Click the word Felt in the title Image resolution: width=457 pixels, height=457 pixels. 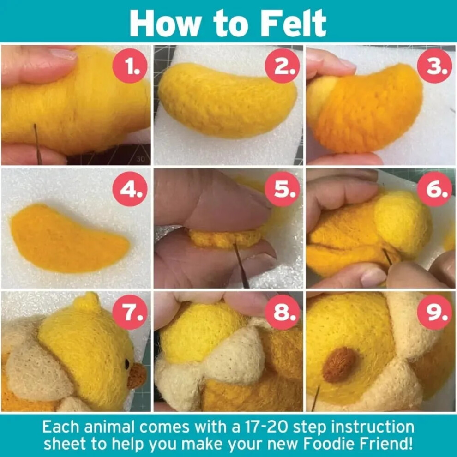(x=293, y=23)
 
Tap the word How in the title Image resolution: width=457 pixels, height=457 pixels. (x=165, y=23)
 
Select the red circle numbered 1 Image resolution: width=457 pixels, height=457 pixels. (x=130, y=66)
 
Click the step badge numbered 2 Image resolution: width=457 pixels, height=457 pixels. (x=282, y=66)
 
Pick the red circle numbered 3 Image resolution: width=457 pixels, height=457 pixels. (x=434, y=66)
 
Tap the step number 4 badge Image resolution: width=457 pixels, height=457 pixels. (x=130, y=189)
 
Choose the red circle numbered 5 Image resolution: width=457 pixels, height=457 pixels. (x=282, y=189)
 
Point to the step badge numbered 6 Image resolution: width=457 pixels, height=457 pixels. (x=434, y=189)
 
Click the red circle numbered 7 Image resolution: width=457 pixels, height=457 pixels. (x=130, y=312)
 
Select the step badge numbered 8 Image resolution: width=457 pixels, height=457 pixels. (x=282, y=312)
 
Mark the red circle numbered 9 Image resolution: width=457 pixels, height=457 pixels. (x=434, y=312)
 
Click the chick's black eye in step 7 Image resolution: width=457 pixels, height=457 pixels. (x=127, y=364)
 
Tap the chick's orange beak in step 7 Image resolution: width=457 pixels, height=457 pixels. (x=137, y=376)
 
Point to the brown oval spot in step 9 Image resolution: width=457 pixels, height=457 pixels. (x=339, y=365)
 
